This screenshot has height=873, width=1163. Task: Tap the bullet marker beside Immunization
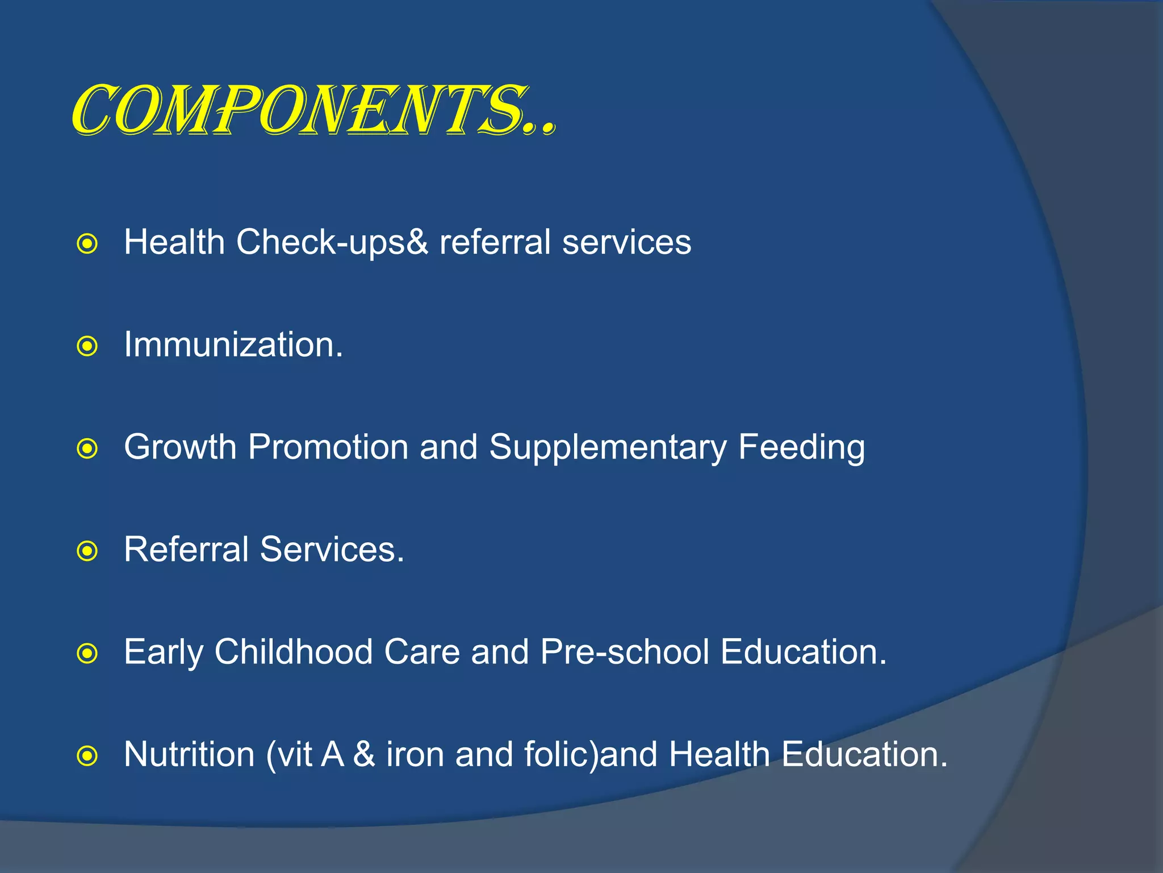87,346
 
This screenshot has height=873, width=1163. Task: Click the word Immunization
233,345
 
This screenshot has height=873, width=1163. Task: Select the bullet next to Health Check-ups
87,244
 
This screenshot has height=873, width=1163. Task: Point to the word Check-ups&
332,243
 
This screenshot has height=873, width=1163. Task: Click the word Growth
180,447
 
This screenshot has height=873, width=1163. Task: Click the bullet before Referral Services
87,551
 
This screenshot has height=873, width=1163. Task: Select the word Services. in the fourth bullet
332,550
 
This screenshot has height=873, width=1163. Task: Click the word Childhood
293,652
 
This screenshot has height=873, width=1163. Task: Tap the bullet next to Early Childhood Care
87,654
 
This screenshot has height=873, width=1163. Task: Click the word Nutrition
189,754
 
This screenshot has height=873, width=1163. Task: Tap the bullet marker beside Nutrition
87,756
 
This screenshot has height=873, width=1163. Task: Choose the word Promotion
328,447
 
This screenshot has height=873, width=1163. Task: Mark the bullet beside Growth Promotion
87,449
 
